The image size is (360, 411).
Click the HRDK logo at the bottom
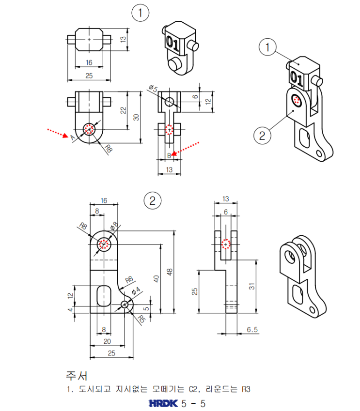click(163, 403)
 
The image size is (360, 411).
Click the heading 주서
click(77, 376)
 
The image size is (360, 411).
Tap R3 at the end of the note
click(246, 389)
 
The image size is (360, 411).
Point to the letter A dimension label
click(73, 137)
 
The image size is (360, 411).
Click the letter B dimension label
click(169, 155)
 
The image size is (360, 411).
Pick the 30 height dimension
click(136, 117)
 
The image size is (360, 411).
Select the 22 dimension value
click(124, 110)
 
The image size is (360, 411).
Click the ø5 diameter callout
click(153, 89)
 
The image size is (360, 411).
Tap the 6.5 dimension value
click(252, 330)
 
